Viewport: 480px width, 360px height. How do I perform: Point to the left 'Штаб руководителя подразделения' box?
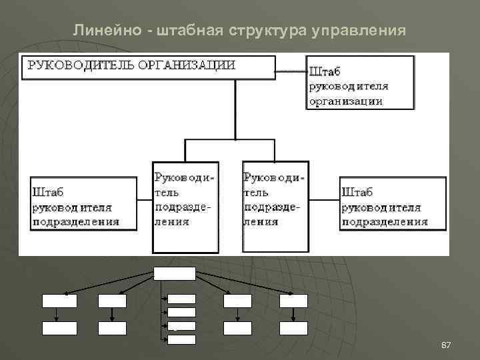(x=84, y=204)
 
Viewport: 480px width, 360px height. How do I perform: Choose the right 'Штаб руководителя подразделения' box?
(x=392, y=204)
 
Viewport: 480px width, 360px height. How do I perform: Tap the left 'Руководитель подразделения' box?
(x=185, y=207)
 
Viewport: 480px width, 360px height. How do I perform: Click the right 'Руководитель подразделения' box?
(x=275, y=206)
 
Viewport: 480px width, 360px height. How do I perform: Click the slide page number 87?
(x=447, y=345)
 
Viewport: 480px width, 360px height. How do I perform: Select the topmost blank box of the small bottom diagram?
(x=175, y=273)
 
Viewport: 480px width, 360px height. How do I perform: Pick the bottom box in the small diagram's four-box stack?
(x=182, y=339)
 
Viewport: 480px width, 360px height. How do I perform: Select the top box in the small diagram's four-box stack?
(x=182, y=299)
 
